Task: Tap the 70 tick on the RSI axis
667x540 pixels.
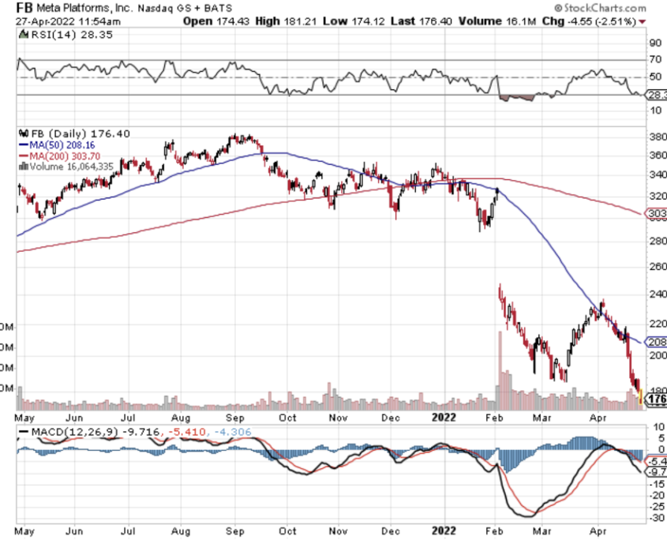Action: pos(654,60)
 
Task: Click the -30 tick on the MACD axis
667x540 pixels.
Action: pos(654,516)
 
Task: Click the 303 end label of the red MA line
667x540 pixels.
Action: pos(656,213)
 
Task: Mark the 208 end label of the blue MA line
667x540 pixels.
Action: pos(656,343)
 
